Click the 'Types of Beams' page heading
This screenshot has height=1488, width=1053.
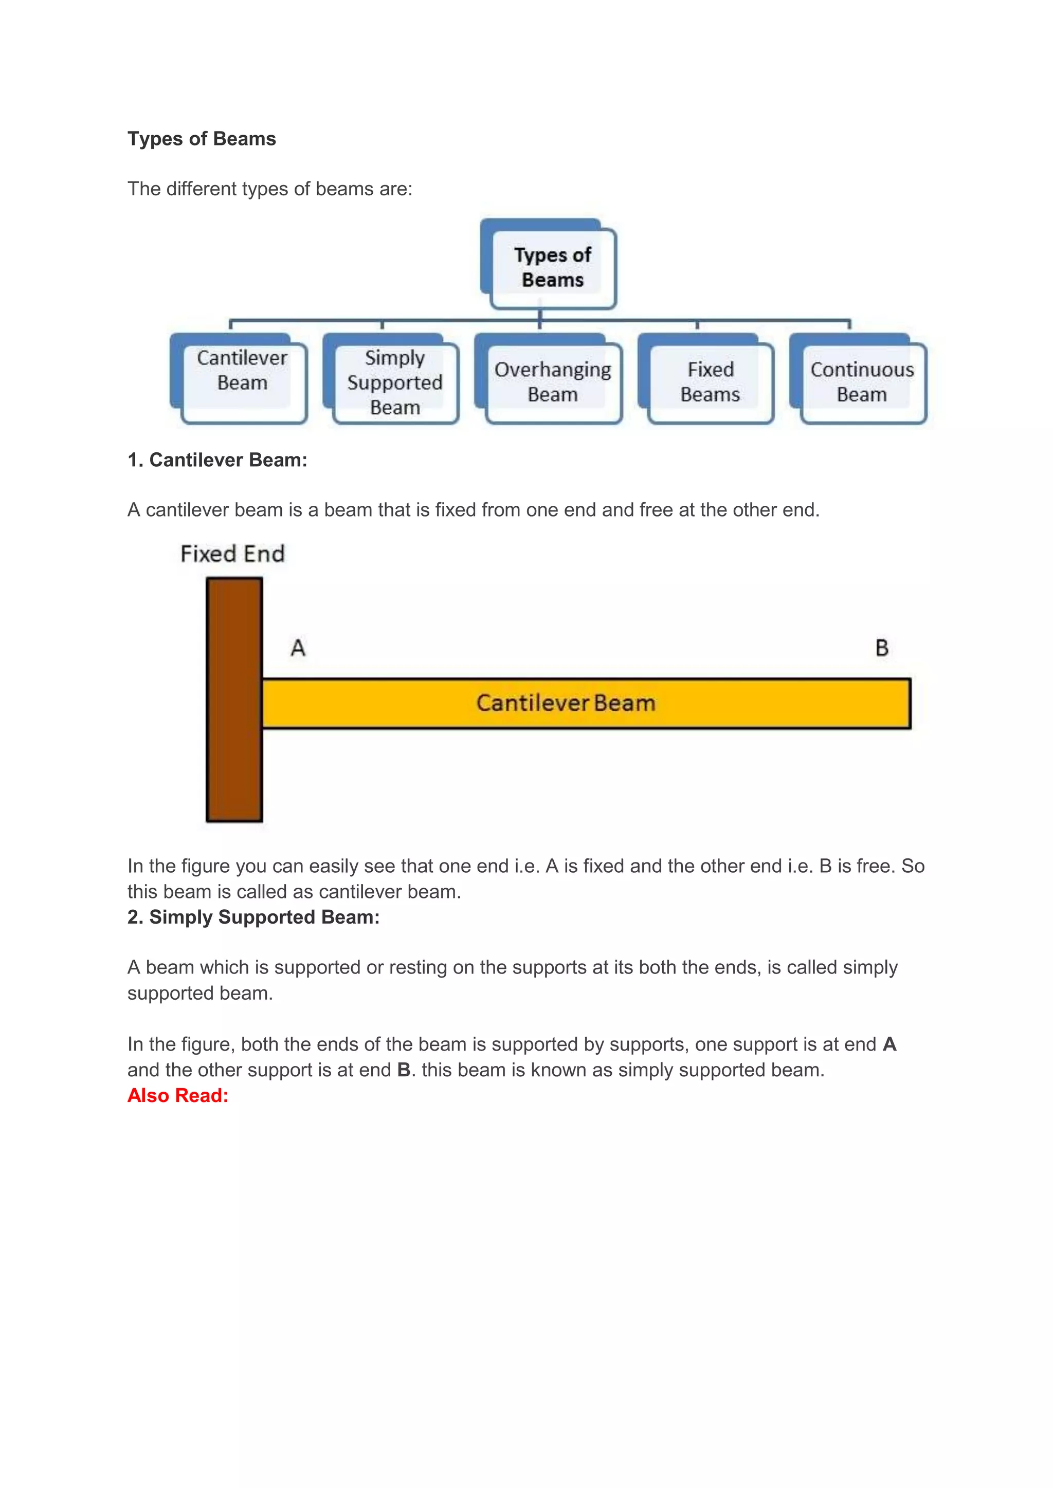[202, 139]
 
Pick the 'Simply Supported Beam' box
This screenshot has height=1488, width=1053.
[395, 382]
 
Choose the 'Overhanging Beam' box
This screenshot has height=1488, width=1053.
[552, 382]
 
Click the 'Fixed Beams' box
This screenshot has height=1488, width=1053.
[710, 382]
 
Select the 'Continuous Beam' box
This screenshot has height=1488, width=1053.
[862, 382]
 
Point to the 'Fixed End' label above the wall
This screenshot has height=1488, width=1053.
[232, 554]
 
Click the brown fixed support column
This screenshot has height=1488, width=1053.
[234, 700]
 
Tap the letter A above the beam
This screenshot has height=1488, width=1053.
[298, 648]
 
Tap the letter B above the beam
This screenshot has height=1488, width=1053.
[882, 648]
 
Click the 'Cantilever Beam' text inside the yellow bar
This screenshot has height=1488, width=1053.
[566, 703]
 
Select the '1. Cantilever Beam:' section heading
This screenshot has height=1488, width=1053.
[217, 460]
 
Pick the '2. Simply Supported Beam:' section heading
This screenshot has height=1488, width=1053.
[253, 917]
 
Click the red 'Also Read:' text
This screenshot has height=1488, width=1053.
[178, 1095]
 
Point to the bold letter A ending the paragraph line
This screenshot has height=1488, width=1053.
[889, 1044]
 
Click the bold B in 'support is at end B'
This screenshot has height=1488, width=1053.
[403, 1070]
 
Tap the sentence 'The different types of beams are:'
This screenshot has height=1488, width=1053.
[270, 189]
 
